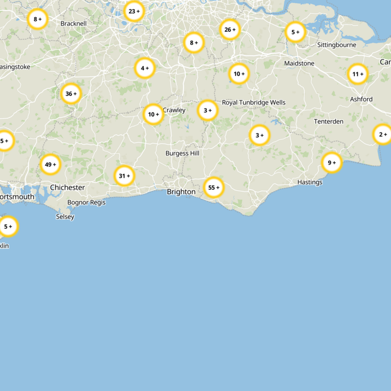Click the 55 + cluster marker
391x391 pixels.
pyautogui.click(x=214, y=187)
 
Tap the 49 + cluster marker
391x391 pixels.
pyautogui.click(x=50, y=165)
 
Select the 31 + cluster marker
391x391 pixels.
pyautogui.click(x=124, y=175)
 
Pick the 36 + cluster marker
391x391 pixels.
pyautogui.click(x=71, y=93)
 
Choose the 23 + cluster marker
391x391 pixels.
pyautogui.click(x=133, y=11)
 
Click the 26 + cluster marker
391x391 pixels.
pyautogui.click(x=230, y=30)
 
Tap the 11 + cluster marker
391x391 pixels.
pyautogui.click(x=357, y=74)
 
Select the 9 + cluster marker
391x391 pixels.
pyautogui.click(x=332, y=163)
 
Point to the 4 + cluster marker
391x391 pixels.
pyautogui.click(x=145, y=68)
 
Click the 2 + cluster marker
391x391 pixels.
pyautogui.click(x=382, y=134)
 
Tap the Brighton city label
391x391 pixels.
pyautogui.click(x=181, y=192)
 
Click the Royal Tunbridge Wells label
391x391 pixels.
pyautogui.click(x=254, y=103)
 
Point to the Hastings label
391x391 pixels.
pyautogui.click(x=310, y=182)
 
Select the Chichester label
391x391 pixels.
pyautogui.click(x=67, y=188)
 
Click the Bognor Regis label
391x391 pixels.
pyautogui.click(x=87, y=202)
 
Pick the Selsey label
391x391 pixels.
pyautogui.click(x=65, y=217)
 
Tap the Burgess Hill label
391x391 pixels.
pyautogui.click(x=182, y=153)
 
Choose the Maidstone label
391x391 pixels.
pyautogui.click(x=299, y=64)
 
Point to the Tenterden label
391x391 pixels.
pyautogui.click(x=328, y=121)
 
